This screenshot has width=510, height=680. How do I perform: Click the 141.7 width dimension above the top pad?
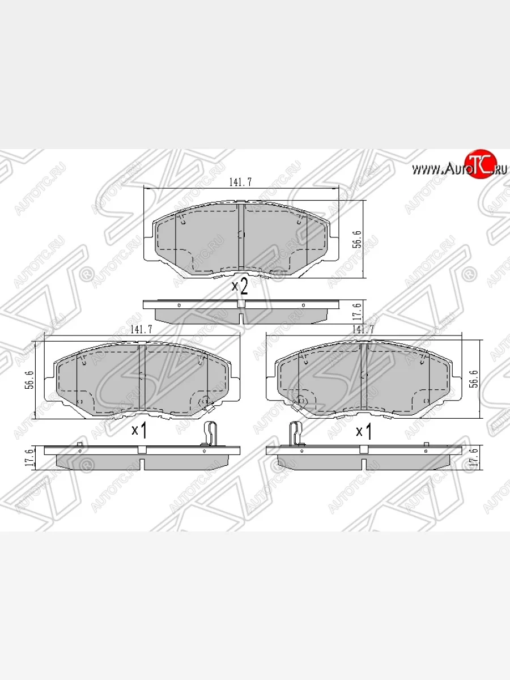pyautogui.click(x=240, y=182)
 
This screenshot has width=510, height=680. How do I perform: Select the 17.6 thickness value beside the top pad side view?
pyautogui.click(x=373, y=312)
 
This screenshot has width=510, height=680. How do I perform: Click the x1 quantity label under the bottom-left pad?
pyautogui.click(x=139, y=431)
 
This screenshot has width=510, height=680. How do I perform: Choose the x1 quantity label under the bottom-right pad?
pyautogui.click(x=363, y=432)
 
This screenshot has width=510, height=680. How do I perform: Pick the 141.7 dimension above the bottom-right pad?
pyautogui.click(x=363, y=329)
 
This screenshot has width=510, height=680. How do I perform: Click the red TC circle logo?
pyautogui.click(x=480, y=165)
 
